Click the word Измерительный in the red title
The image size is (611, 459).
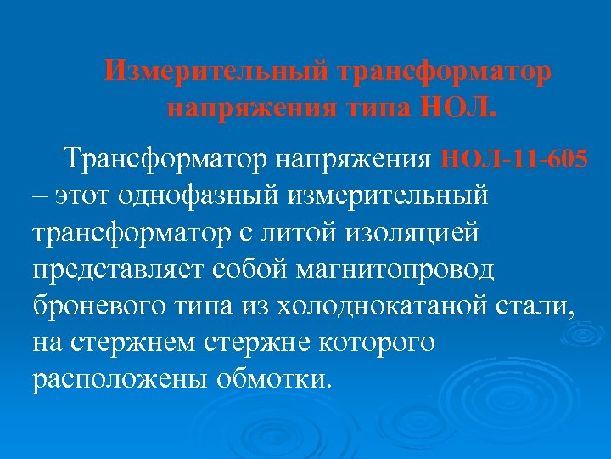pos(216,71)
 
